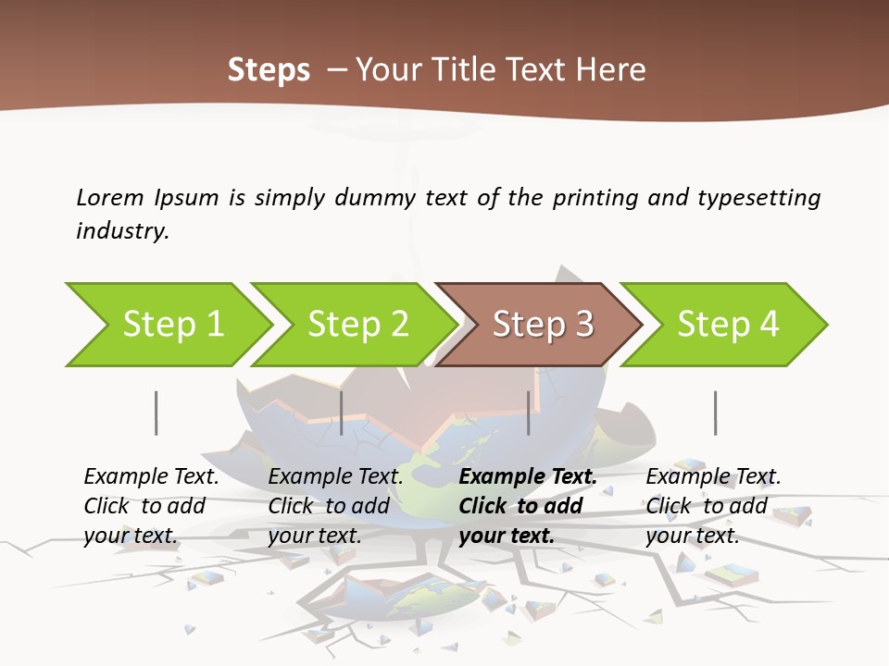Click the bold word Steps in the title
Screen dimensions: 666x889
point(269,70)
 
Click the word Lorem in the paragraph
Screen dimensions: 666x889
point(110,197)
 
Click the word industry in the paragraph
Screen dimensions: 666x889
point(121,230)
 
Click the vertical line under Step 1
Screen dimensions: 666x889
point(156,413)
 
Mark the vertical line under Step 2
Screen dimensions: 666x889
point(342,413)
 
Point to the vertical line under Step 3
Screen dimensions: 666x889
point(528,413)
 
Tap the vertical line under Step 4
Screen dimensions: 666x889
point(715,413)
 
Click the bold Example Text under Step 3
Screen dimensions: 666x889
point(528,477)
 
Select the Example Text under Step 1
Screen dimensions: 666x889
point(151,477)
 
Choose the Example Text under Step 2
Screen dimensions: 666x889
point(335,477)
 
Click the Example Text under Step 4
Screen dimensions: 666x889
point(713,477)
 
